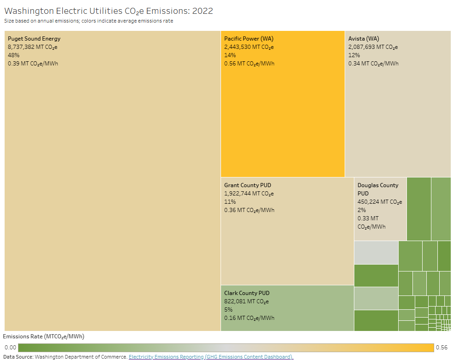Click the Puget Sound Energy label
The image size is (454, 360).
34,39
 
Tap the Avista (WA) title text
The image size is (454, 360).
364,39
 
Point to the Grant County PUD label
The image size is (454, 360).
248,185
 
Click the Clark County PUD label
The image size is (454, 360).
247,293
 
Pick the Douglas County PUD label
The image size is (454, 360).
377,189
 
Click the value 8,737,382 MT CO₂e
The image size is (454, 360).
32,47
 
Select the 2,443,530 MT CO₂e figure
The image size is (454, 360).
249,47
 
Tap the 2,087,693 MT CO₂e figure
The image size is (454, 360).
373,47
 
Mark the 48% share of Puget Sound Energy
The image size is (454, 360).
13,55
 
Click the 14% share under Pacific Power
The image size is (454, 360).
230,55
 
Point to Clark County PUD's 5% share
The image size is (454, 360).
228,310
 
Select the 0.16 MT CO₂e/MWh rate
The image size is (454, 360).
249,318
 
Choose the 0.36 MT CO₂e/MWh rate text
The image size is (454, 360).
249,210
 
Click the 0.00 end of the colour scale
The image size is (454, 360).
10,348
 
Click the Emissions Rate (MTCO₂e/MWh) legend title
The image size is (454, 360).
44,336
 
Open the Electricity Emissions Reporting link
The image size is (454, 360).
211,357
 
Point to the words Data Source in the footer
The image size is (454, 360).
18,357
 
